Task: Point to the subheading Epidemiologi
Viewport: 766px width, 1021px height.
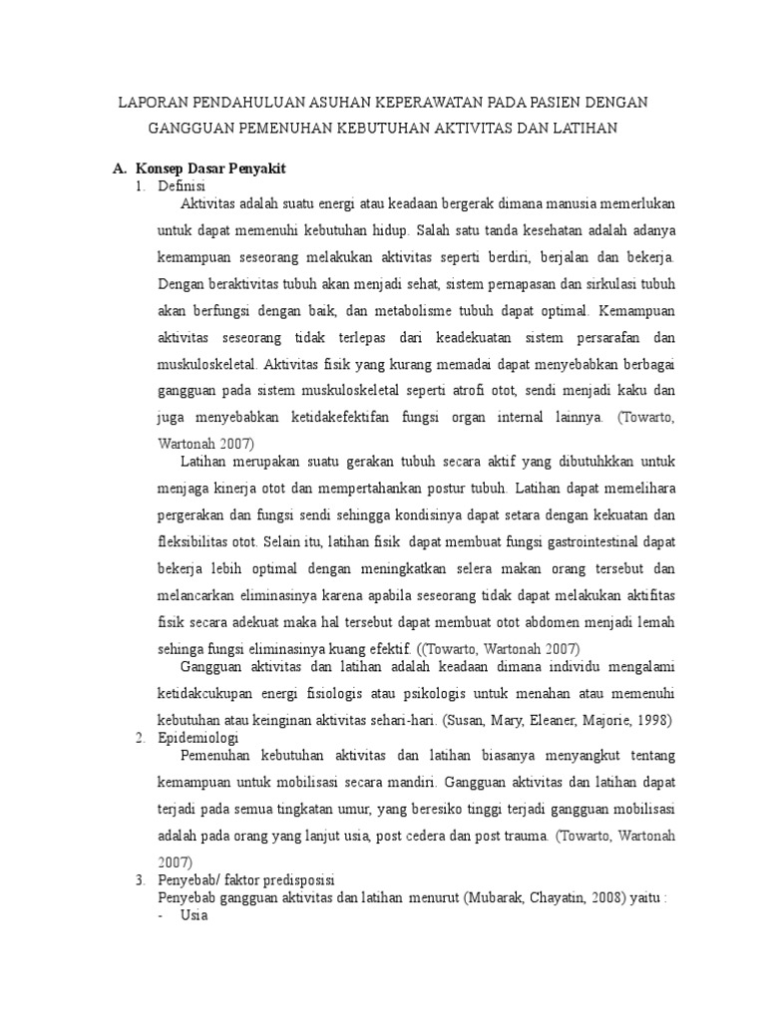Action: coord(197,737)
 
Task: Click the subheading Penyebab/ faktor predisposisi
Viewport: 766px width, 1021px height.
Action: coord(249,880)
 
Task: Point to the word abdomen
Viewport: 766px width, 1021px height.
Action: coord(539,621)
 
